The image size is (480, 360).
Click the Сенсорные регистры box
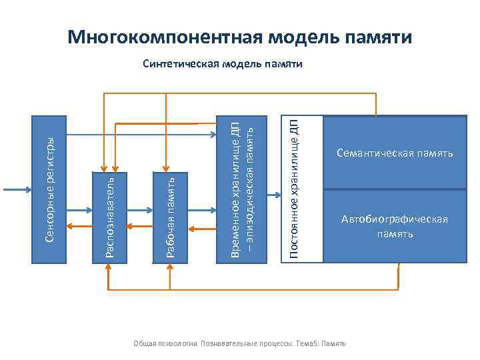pyautogui.click(x=52, y=189)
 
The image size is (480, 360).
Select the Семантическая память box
pyautogui.click(x=395, y=153)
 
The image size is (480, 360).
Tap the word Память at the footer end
pyautogui.click(x=333, y=343)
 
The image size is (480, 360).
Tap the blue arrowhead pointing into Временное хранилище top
pyautogui.click(x=212, y=134)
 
